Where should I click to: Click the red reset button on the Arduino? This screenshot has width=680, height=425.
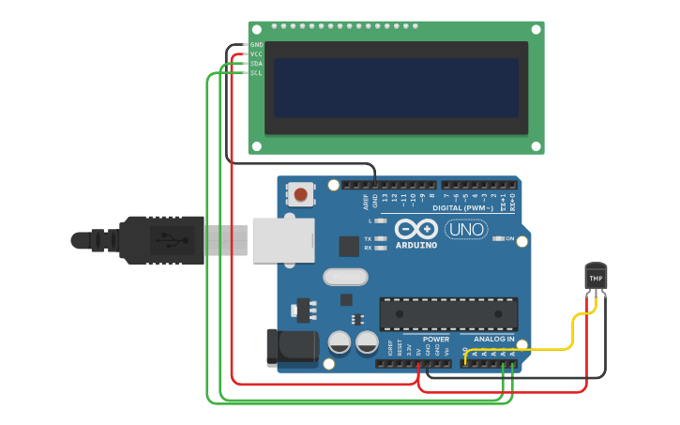pyautogui.click(x=300, y=195)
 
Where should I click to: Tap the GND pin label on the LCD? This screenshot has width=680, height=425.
pyautogui.click(x=256, y=45)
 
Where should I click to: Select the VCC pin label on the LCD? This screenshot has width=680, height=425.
pyautogui.click(x=256, y=54)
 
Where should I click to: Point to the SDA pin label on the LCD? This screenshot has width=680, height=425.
pyautogui.click(x=256, y=64)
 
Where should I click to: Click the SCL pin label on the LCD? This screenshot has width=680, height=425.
pyautogui.click(x=256, y=73)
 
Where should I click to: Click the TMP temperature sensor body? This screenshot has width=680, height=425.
pyautogui.click(x=596, y=277)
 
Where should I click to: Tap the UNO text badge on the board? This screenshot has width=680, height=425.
pyautogui.click(x=465, y=229)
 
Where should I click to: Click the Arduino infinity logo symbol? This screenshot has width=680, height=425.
pyautogui.click(x=416, y=228)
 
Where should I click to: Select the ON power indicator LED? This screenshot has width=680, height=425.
pyautogui.click(x=498, y=238)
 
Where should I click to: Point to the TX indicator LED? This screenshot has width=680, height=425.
pyautogui.click(x=380, y=239)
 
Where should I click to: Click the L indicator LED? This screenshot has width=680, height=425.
pyautogui.click(x=380, y=220)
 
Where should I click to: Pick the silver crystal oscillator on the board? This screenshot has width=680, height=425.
pyautogui.click(x=345, y=277)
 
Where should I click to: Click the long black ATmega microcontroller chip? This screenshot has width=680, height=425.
pyautogui.click(x=448, y=313)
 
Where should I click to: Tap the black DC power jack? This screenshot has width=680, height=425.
pyautogui.click(x=291, y=347)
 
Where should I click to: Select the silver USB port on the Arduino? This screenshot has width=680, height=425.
pyautogui.click(x=281, y=240)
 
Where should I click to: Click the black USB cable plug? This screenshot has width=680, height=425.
pyautogui.click(x=159, y=240)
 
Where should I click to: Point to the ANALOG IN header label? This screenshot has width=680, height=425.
pyautogui.click(x=493, y=339)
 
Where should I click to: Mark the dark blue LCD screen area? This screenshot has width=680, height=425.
pyautogui.click(x=396, y=87)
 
